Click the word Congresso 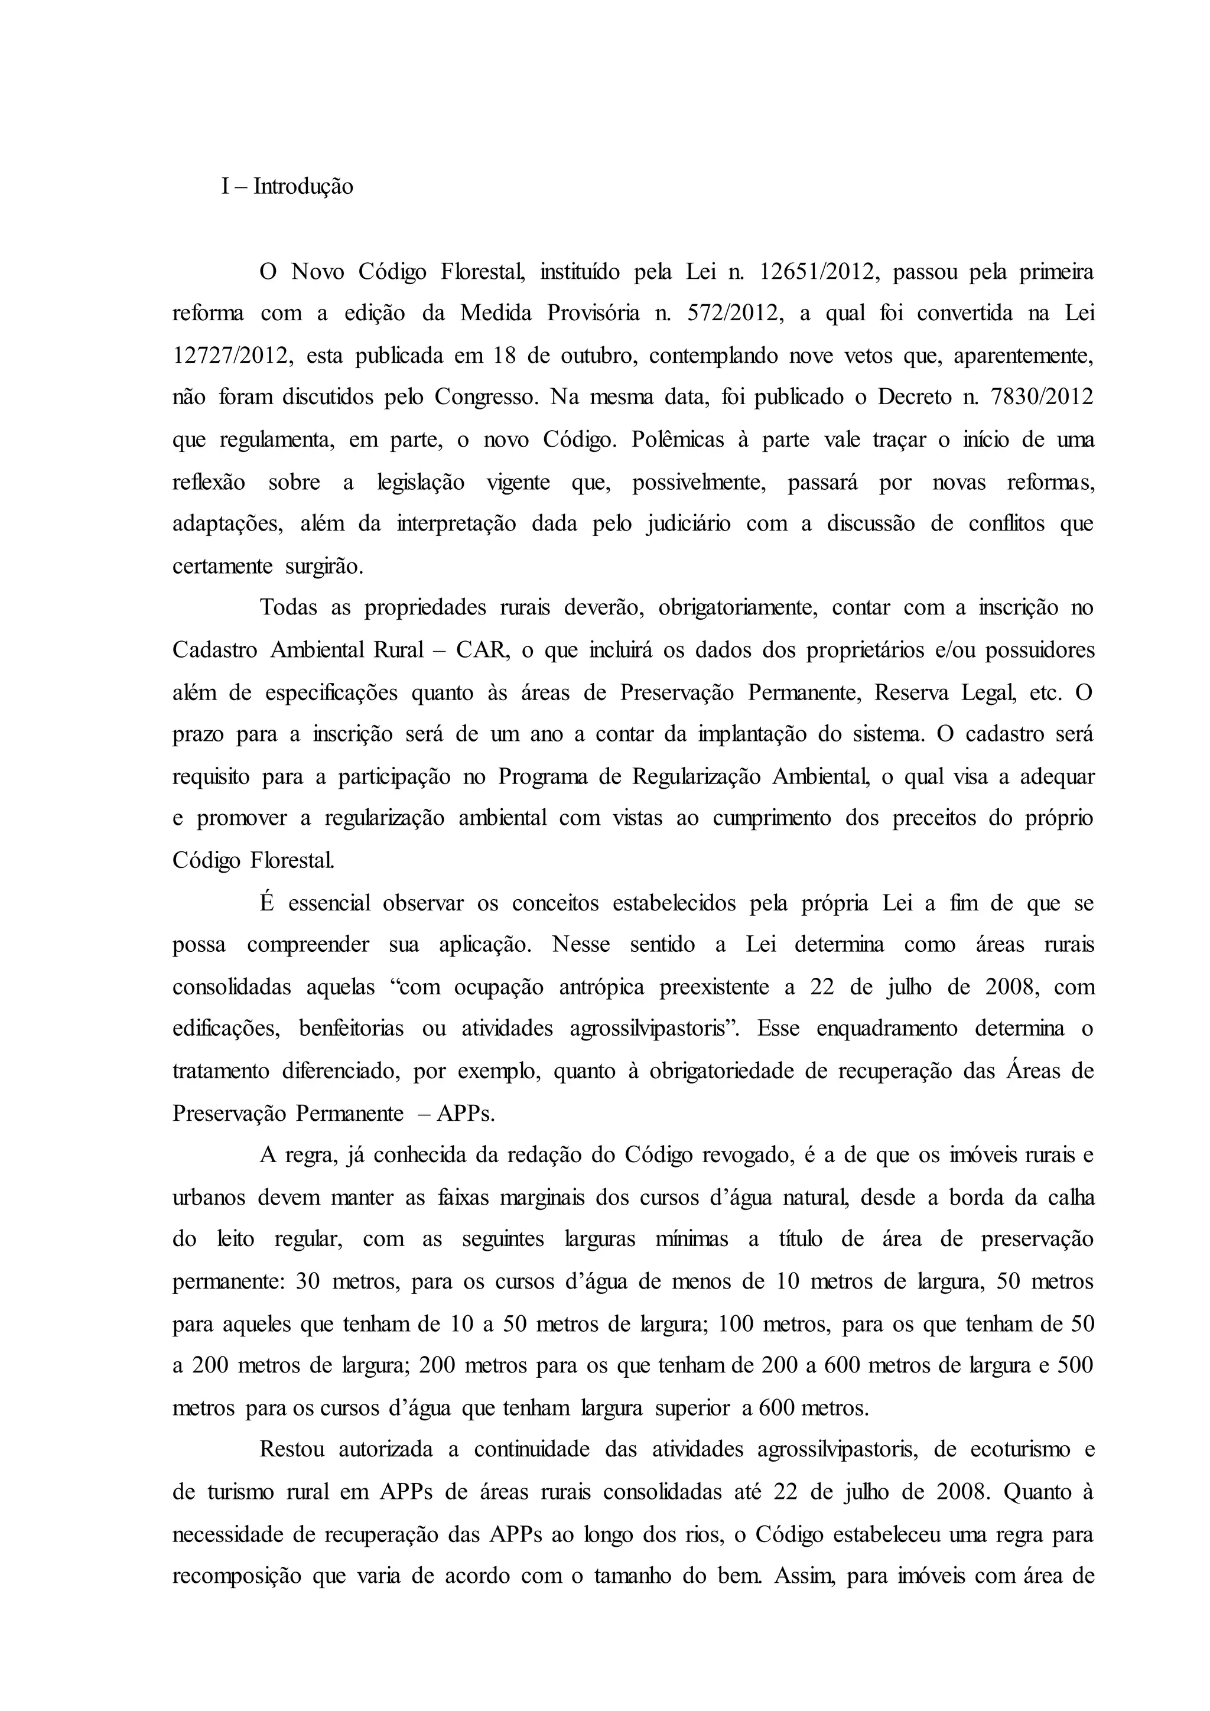click(x=485, y=397)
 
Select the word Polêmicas click(x=677, y=440)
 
